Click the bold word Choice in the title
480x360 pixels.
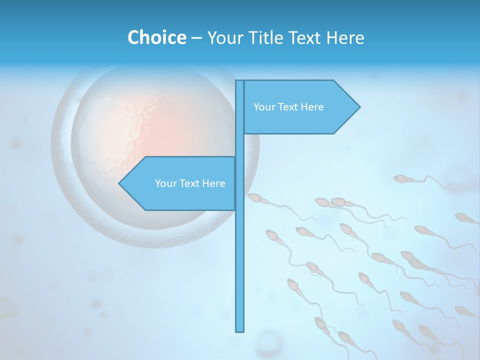[156, 37]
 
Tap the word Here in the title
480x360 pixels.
[345, 37]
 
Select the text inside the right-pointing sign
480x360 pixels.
[288, 107]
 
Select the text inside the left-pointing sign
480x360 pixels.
[190, 183]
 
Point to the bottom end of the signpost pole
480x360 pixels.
[240, 330]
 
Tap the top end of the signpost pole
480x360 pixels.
[240, 81]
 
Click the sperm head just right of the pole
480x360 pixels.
[254, 198]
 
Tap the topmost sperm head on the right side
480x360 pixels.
[400, 178]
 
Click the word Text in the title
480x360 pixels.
[304, 37]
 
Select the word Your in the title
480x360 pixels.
[224, 37]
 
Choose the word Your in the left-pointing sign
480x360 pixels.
[165, 183]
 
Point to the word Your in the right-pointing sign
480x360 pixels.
[264, 107]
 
